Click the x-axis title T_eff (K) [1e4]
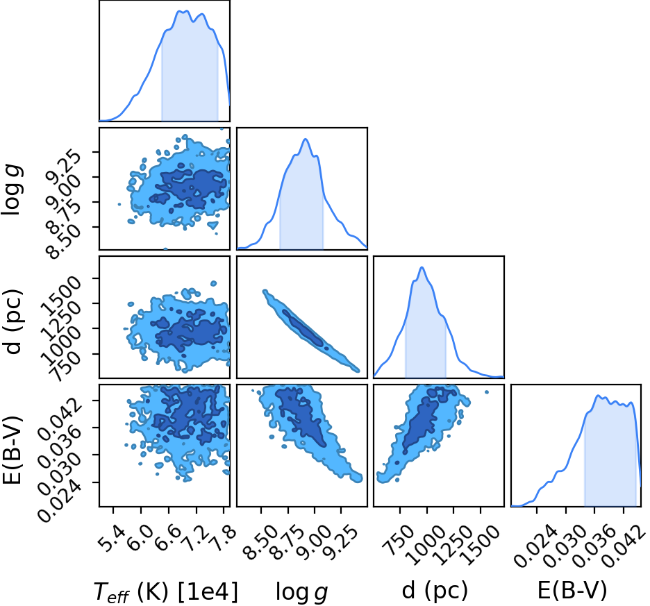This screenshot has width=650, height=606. [x=166, y=591]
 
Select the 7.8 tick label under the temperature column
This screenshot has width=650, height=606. [x=222, y=539]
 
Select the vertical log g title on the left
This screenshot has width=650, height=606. [x=12, y=189]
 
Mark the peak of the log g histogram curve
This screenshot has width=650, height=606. [x=306, y=139]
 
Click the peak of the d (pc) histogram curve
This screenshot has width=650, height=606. [x=422, y=267]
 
